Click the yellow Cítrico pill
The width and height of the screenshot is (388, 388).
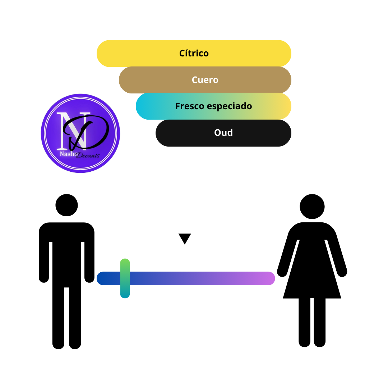coord(194,53)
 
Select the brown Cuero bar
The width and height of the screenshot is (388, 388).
coord(205,80)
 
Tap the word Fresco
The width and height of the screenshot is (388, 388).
coord(190,106)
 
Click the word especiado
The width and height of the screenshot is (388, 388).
coord(229,106)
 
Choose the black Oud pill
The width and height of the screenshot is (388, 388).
coord(223,133)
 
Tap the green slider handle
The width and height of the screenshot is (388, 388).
coord(125,278)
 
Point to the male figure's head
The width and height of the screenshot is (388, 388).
coord(66,205)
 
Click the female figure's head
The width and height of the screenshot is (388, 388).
coord(312,206)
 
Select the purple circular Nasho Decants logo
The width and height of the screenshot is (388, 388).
coord(80,133)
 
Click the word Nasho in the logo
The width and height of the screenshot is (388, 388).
coord(68,154)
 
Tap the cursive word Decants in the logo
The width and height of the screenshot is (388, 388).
coord(88,156)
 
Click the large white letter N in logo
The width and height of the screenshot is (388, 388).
coord(74,131)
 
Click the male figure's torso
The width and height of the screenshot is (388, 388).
coord(66,255)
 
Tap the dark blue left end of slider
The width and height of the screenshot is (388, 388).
coord(103,278)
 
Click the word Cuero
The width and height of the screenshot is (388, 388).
coord(205,80)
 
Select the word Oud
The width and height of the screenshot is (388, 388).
coord(223,133)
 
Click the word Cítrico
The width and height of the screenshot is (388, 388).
coord(194,53)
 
